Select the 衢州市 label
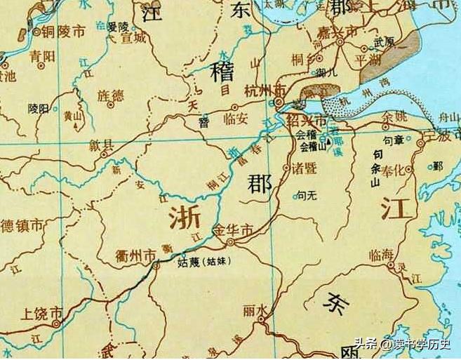click(135, 257)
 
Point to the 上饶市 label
click(43, 313)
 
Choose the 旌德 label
click(107, 94)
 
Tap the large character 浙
click(184, 218)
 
